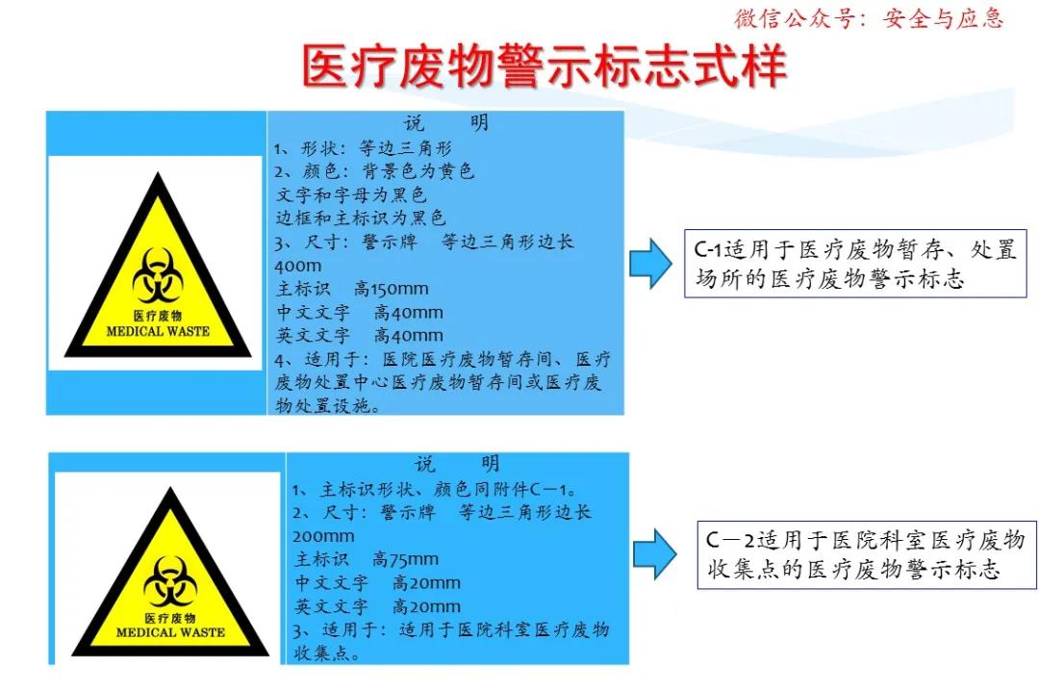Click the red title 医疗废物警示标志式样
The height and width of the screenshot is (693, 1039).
545,66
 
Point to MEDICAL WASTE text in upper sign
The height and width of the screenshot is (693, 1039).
157,331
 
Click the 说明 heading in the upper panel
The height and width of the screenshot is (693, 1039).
445,123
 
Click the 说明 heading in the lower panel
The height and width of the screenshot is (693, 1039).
458,465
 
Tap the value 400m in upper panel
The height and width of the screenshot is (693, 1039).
297,266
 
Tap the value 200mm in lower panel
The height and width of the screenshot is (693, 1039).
323,536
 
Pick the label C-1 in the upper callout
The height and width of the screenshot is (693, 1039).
712,251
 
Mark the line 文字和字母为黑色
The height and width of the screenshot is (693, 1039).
350,194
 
